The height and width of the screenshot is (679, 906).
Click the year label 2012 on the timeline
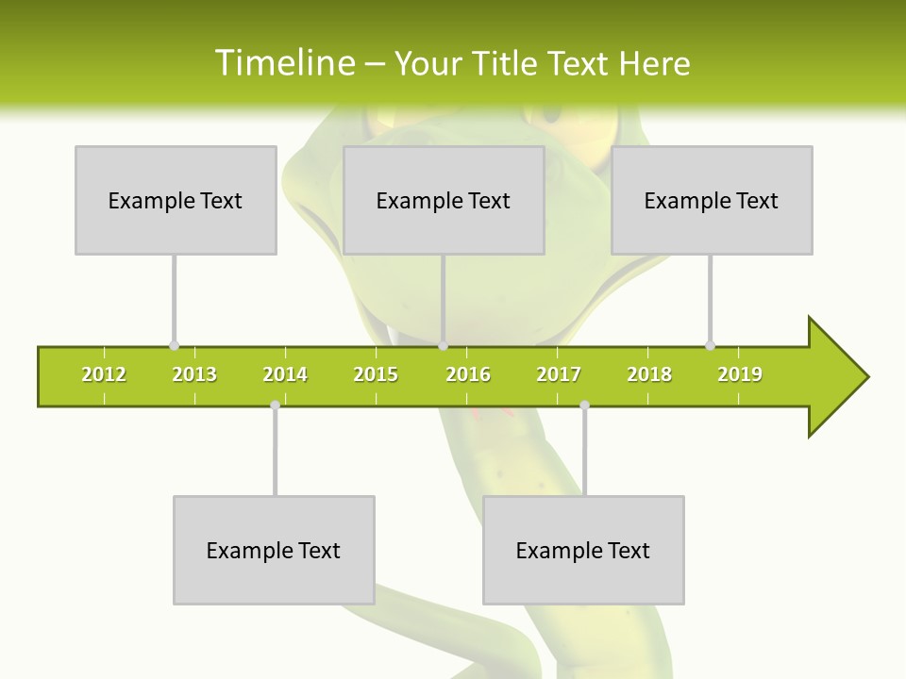[104, 374]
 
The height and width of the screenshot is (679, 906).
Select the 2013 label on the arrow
[194, 374]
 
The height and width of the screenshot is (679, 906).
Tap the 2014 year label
[285, 374]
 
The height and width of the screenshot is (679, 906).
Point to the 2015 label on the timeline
[376, 374]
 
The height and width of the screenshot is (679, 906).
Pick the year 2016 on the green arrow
[468, 374]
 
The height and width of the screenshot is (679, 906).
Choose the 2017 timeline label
[559, 374]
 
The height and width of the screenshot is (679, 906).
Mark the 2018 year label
[649, 374]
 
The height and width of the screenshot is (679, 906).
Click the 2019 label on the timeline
[740, 374]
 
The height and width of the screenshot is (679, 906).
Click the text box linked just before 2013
[176, 200]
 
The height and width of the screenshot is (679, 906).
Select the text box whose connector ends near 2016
[444, 200]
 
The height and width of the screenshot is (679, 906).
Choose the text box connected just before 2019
[712, 200]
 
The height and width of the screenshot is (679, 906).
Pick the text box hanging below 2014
[274, 550]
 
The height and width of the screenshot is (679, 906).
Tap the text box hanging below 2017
[583, 550]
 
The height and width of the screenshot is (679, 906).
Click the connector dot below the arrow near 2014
[275, 405]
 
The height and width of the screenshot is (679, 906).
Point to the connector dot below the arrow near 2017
[584, 405]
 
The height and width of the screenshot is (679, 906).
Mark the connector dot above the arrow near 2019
[710, 345]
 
